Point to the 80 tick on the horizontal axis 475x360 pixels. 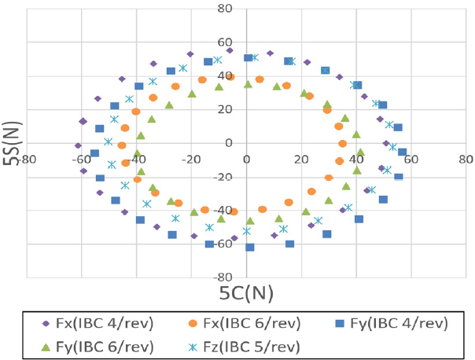click(x=466, y=158)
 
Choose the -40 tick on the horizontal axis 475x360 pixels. click(x=137, y=158)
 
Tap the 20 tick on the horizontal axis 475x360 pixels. click(x=301, y=158)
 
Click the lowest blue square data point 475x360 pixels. click(x=250, y=248)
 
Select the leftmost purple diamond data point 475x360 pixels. click(x=78, y=145)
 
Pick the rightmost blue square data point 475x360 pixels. click(x=403, y=152)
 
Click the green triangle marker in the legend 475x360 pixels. click(x=46, y=346)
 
